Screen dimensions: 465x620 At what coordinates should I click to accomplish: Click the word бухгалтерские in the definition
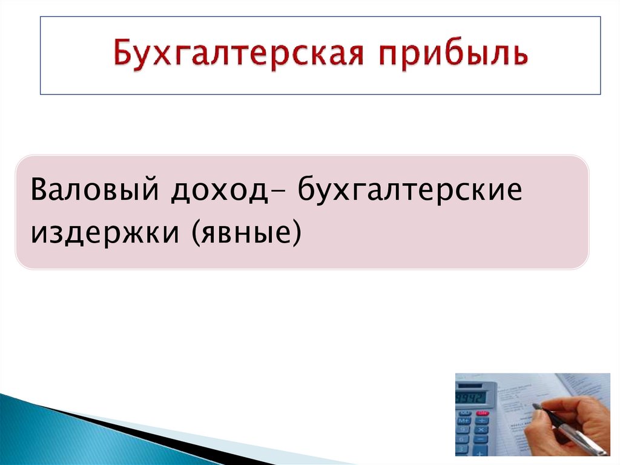(409, 192)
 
